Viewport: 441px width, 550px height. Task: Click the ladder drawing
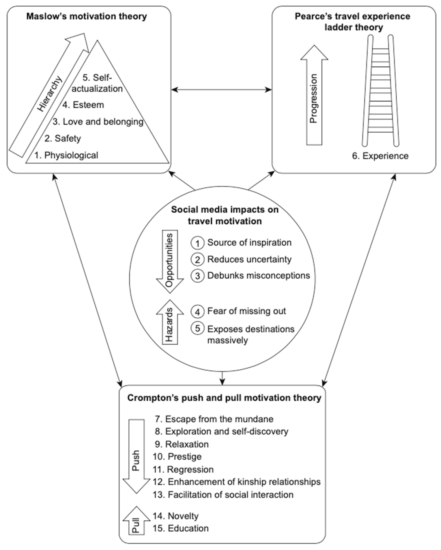pos(380,91)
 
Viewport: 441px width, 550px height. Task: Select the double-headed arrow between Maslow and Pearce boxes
pos(221,90)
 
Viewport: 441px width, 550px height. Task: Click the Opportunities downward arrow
pos(170,260)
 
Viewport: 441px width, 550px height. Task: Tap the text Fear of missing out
pos(246,311)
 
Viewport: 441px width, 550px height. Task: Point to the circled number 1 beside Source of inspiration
pos(197,243)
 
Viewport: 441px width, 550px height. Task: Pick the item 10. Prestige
pos(177,457)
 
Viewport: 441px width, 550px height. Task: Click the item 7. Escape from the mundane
pos(214,419)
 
